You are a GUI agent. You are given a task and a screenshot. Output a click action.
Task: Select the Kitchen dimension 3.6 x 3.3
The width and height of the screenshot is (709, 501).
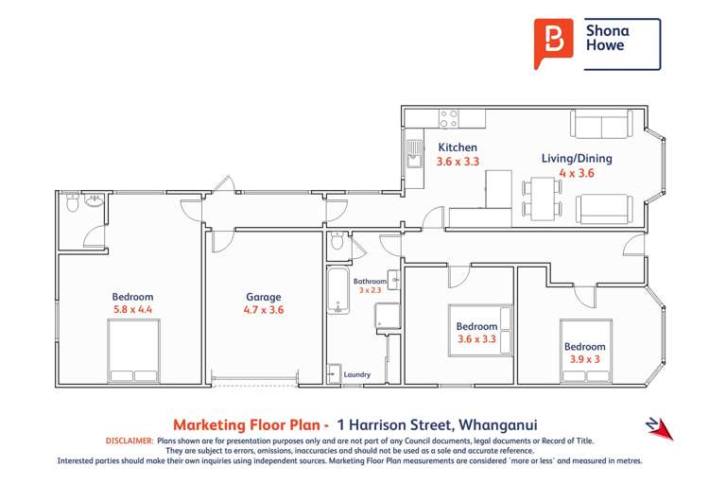pos(458,162)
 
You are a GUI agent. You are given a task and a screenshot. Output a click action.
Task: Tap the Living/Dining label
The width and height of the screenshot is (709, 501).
pos(576,158)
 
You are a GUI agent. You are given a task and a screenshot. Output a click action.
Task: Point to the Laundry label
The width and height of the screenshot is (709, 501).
pos(357,374)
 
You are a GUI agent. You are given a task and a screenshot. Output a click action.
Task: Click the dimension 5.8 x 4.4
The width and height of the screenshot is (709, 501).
pos(131,309)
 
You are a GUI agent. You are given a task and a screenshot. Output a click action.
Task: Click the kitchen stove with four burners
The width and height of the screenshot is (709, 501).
pos(449,118)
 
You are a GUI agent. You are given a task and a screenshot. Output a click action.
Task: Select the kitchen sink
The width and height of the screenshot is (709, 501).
pos(414,152)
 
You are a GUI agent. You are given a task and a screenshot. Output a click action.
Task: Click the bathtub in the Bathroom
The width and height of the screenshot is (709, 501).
pos(337,291)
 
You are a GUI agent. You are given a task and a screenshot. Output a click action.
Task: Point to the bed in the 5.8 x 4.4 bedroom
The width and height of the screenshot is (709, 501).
pos(132,351)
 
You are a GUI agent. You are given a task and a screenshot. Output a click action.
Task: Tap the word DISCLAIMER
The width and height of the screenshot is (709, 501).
pos(127,441)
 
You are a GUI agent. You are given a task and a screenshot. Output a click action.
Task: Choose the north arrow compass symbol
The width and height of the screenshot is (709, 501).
pos(658,428)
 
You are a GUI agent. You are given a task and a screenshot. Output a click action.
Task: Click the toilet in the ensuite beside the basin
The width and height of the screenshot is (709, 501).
pos(73,202)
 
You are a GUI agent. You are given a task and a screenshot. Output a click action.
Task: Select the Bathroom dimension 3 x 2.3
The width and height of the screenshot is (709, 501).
pos(370,290)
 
